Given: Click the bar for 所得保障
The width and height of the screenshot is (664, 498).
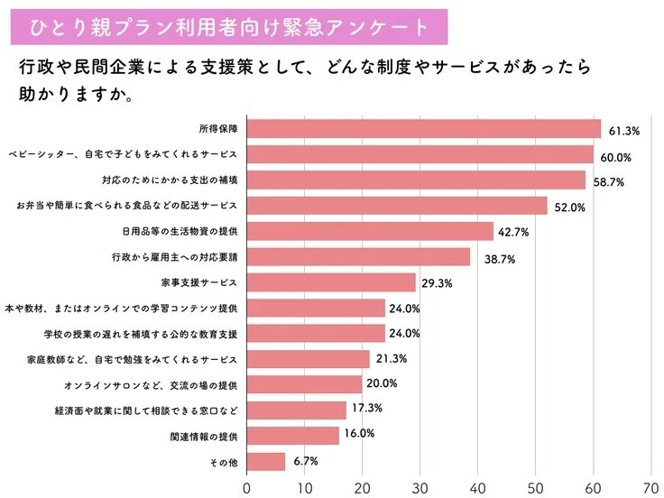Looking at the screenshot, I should point(423,128).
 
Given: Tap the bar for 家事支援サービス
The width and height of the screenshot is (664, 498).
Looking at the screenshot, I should point(331,283).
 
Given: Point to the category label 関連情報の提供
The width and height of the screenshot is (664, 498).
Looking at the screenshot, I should point(203,437).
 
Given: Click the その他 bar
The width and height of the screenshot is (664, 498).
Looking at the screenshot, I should point(266,462).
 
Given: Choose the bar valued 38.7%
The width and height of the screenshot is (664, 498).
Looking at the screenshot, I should point(358,257).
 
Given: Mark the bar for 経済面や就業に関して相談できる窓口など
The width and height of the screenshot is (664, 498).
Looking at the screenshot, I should point(297,410).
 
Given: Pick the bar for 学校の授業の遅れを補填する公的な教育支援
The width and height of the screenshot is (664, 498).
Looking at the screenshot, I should point(316,334).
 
